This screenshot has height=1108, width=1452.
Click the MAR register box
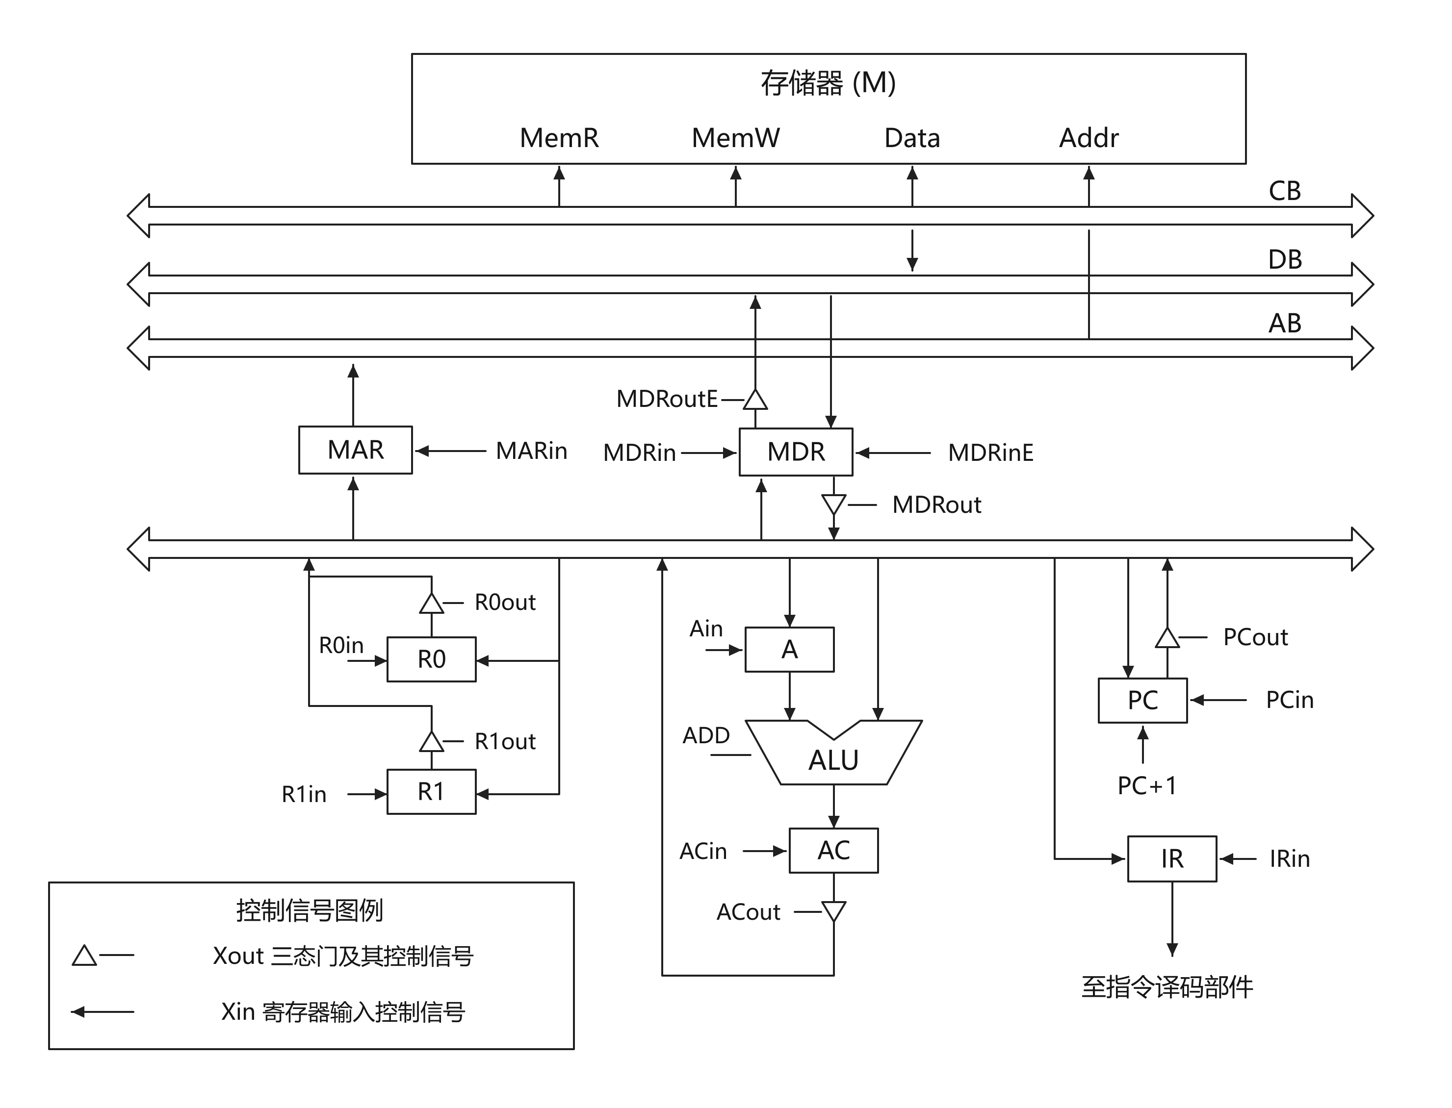[355, 450]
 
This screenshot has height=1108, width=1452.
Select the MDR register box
[796, 452]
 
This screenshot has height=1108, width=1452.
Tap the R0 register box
[432, 659]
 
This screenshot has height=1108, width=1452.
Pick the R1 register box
[432, 791]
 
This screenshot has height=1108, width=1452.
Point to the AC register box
[834, 850]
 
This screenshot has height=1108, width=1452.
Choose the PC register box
[1142, 701]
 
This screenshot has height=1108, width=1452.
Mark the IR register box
[1172, 859]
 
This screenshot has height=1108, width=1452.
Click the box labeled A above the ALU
[790, 650]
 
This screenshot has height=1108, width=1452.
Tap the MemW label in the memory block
[736, 138]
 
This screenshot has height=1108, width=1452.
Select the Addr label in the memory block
[1089, 138]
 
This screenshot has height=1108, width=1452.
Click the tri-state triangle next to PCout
[1167, 638]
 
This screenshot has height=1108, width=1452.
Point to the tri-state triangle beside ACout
[834, 911]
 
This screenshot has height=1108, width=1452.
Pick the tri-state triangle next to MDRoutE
[755, 400]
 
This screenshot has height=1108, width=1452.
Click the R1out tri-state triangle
[432, 741]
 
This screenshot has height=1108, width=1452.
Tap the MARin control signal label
[531, 451]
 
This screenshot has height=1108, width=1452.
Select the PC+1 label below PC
[1146, 785]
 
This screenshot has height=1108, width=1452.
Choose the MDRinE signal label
[990, 453]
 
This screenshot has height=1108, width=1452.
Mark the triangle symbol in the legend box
[84, 956]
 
